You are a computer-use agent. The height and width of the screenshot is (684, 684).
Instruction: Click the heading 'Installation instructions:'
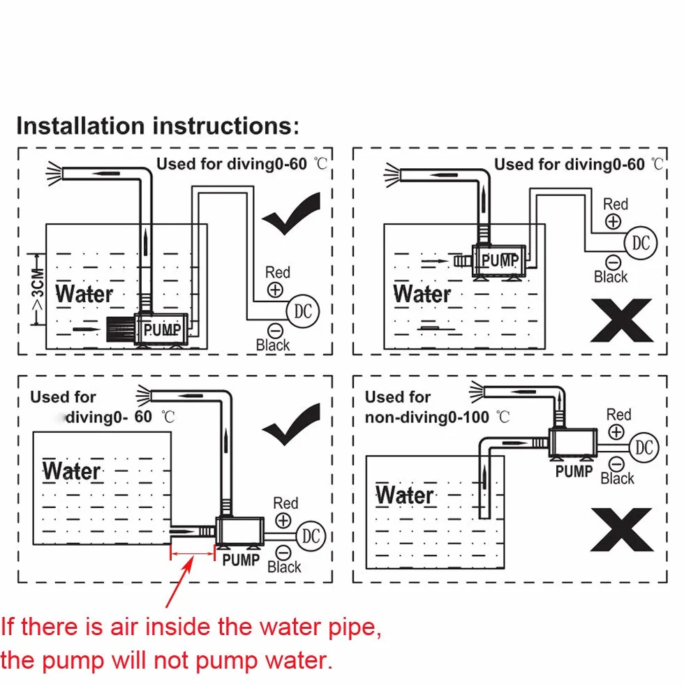(158, 126)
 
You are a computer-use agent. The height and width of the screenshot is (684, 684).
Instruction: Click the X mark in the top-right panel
(622, 320)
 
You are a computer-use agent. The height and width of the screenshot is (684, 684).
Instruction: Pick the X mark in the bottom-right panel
(622, 530)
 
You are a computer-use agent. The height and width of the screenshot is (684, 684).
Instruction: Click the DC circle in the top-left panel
(303, 311)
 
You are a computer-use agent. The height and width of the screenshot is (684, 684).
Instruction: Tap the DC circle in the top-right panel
(641, 243)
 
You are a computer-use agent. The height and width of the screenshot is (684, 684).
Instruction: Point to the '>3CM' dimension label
(38, 289)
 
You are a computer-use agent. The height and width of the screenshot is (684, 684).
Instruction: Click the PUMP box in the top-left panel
(161, 329)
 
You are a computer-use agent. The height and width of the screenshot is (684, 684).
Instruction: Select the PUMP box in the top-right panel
(500, 260)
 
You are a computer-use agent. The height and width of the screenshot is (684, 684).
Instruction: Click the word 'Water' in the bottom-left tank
(71, 472)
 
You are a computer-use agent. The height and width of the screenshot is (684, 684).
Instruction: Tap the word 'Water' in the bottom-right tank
(405, 495)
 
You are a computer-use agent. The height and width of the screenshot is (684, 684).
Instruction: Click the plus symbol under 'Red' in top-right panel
(614, 222)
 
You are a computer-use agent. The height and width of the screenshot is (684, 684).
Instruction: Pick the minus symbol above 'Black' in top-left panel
(275, 330)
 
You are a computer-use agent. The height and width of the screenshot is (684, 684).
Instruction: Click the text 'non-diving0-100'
(426, 417)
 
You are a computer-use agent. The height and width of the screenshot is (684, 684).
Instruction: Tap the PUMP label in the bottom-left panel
(241, 560)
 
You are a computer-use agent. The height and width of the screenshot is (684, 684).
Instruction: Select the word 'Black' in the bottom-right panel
(617, 479)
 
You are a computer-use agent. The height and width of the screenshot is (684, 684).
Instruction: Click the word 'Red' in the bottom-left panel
(285, 503)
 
